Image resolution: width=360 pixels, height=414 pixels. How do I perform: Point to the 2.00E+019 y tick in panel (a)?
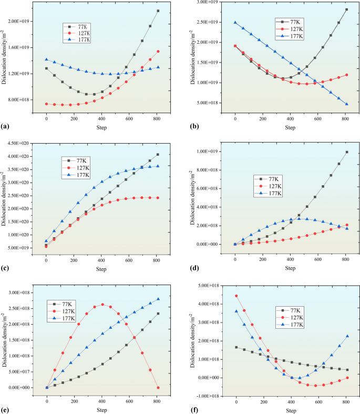pyautogui.click(x=19, y=22)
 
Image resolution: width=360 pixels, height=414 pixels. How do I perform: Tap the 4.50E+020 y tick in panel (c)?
pyautogui.click(x=20, y=143)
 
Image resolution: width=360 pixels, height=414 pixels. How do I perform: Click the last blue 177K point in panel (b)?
pyautogui.click(x=346, y=104)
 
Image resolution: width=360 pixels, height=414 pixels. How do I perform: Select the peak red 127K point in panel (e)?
pyautogui.click(x=102, y=304)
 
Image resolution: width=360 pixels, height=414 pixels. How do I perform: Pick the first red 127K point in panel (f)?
pyautogui.click(x=236, y=296)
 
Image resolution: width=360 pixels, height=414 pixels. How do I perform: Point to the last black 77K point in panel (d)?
pyautogui.click(x=346, y=153)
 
